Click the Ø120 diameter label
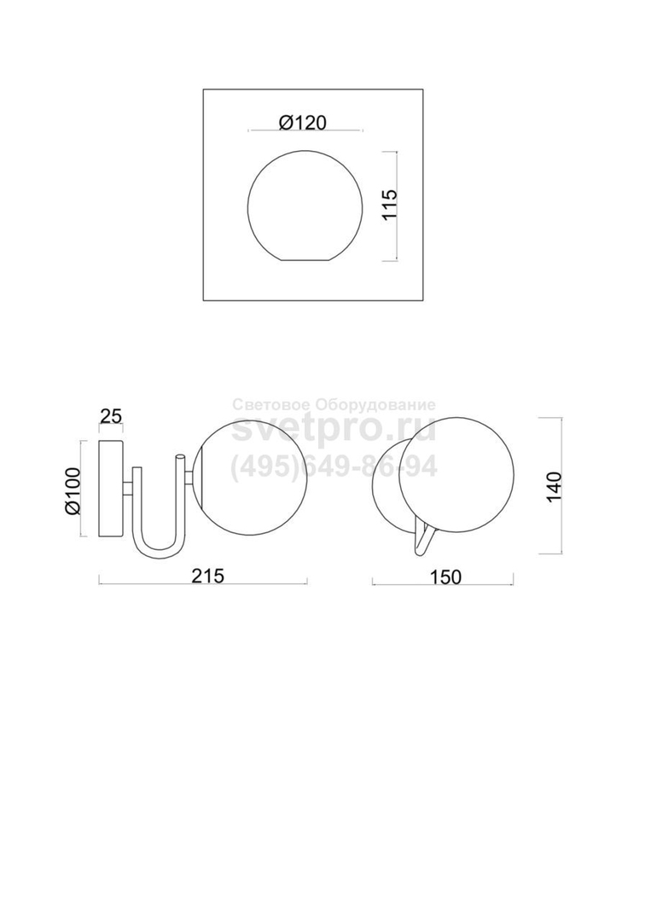302,122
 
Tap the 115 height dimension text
390,205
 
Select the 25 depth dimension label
110,416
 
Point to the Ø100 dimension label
73,491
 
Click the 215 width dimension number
208,576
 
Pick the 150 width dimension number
446,577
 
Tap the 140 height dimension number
554,486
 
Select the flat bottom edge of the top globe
305,259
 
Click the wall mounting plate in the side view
110,488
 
